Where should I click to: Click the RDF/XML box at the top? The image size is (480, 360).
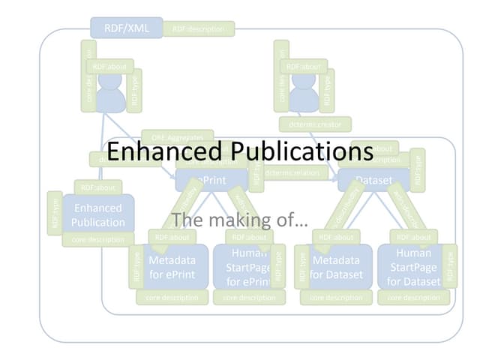click(126, 28)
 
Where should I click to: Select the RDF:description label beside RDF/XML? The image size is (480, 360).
click(198, 29)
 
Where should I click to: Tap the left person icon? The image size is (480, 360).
click(109, 94)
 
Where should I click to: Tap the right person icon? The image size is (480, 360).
click(304, 94)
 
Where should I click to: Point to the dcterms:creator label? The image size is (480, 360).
click(314, 124)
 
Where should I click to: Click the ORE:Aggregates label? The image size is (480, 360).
click(177, 137)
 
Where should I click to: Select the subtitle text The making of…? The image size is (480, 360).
click(239, 220)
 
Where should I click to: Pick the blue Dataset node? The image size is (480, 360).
click(373, 180)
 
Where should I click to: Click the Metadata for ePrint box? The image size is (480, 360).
click(172, 267)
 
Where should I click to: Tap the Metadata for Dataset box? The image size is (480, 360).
click(335, 267)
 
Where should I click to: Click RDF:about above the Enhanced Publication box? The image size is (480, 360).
click(97, 187)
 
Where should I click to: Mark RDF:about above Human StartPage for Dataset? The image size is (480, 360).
click(413, 237)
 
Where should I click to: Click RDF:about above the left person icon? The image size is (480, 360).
click(109, 66)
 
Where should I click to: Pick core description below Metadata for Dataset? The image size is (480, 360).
click(335, 297)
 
